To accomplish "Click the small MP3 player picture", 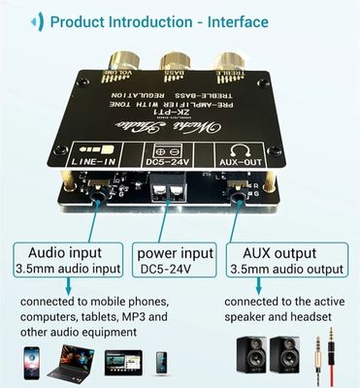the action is (161, 363).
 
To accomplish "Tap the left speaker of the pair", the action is (254, 359).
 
